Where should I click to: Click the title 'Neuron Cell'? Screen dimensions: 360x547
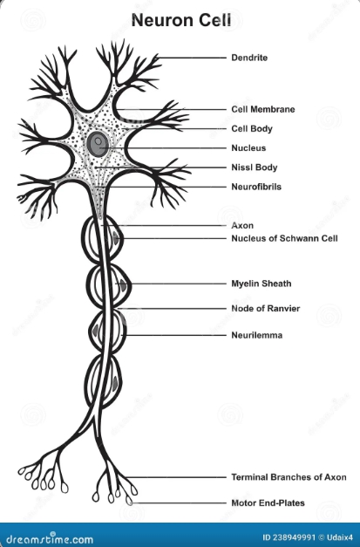pos(181,20)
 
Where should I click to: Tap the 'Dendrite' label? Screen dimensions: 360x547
pos(249,58)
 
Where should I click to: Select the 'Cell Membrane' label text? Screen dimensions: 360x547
pos(263,109)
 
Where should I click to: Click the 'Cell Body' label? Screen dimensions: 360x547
pos(252,129)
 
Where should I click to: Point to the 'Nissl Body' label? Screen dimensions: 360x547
pos(255,168)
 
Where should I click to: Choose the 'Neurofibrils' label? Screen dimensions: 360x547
pos(256,187)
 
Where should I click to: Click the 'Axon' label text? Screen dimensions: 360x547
pos(242,225)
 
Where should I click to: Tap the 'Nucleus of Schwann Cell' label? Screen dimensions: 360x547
pos(284,238)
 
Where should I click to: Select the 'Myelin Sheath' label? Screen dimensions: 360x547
pos(262,284)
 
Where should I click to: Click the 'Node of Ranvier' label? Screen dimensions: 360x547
pos(266,308)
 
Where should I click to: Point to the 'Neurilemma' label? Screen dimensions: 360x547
pos(257,335)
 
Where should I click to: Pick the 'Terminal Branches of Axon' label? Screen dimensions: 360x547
pos(289,477)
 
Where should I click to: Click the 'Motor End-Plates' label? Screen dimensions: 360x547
pos(268,503)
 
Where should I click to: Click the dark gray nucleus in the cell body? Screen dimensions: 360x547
pos(98,143)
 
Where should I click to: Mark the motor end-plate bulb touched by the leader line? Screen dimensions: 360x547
pos(129,501)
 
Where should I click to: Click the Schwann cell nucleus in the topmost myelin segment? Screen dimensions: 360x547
pos(116,238)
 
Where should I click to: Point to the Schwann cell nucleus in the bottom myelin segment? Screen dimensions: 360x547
pos(115,383)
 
